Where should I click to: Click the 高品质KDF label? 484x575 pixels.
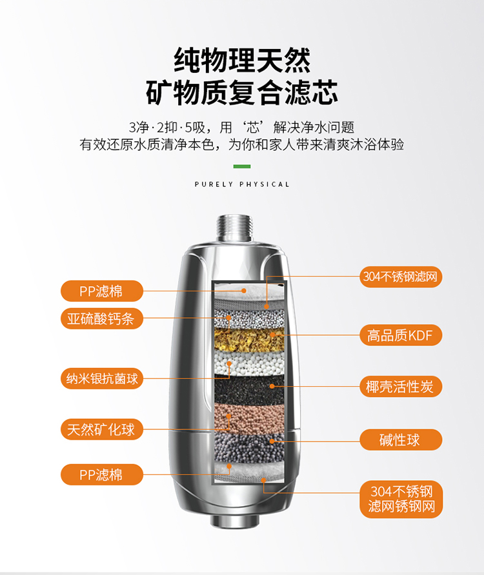coord(401,335)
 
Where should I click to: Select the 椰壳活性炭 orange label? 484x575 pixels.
coord(401,387)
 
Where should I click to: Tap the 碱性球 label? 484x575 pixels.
coord(401,440)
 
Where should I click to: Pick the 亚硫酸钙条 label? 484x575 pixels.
coord(102,318)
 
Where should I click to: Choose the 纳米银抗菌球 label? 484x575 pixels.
coord(102,378)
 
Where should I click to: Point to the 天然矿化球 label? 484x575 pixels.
coord(102,429)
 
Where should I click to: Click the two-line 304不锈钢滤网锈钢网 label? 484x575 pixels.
coord(401,499)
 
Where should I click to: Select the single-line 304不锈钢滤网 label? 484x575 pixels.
coord(401,277)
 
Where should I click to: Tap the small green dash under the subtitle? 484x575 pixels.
coord(242,166)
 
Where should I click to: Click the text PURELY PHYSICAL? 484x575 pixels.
coord(242,184)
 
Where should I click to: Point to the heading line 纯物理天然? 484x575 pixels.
coord(242,60)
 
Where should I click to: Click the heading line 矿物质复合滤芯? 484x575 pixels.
coord(242,92)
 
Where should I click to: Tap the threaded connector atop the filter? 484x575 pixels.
coord(235,228)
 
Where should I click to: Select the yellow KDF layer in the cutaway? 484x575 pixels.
coord(249,340)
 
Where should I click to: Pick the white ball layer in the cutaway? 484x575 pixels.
coord(249,364)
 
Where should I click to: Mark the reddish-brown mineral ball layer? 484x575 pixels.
coord(249,418)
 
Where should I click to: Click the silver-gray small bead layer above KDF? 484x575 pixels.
coord(249,318)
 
